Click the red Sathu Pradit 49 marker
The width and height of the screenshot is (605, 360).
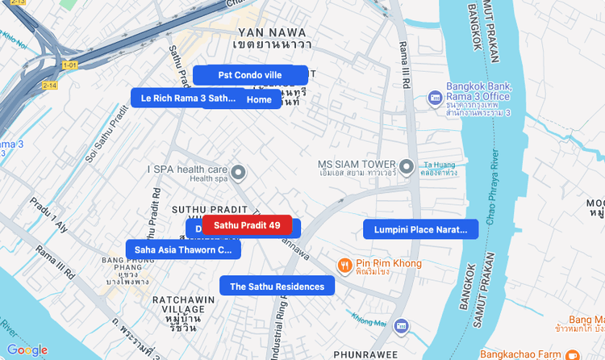pyautogui.click(x=247, y=225)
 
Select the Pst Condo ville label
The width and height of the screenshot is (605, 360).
pyautogui.click(x=250, y=75)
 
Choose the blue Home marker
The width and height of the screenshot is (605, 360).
pyautogui.click(x=260, y=99)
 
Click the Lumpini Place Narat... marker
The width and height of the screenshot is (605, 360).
pyautogui.click(x=420, y=229)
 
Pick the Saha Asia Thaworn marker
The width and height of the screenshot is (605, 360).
pyautogui.click(x=183, y=249)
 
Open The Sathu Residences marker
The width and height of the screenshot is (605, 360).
pyautogui.click(x=277, y=286)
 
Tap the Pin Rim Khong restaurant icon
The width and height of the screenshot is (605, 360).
pyautogui.click(x=344, y=264)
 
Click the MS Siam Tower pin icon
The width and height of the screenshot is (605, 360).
pyautogui.click(x=407, y=167)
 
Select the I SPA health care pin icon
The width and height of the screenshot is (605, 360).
pyautogui.click(x=238, y=172)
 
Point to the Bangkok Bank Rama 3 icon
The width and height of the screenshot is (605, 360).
pyautogui.click(x=435, y=98)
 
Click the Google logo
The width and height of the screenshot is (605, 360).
pyautogui.click(x=27, y=350)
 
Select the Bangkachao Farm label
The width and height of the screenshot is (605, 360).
pyautogui.click(x=519, y=354)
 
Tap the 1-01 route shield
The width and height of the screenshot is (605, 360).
pyautogui.click(x=70, y=65)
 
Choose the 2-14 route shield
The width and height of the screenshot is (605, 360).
pyautogui.click(x=50, y=85)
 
